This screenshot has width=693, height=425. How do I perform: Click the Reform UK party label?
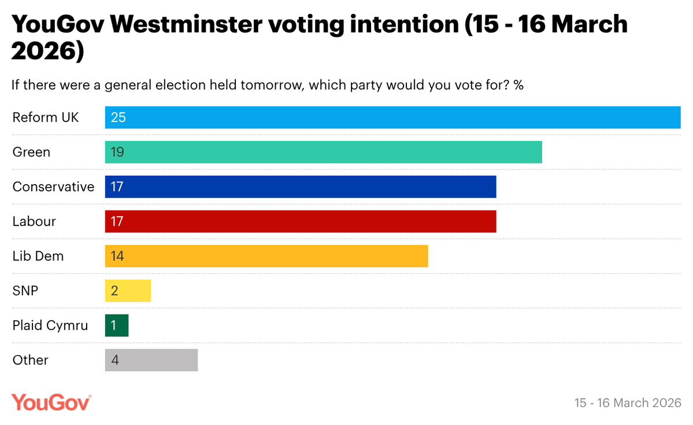(x=46, y=117)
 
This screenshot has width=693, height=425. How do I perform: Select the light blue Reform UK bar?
(x=393, y=117)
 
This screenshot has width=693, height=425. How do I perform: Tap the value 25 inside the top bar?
(x=118, y=117)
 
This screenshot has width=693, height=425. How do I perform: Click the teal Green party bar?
(x=324, y=152)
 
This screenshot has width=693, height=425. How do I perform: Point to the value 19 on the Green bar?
(x=117, y=152)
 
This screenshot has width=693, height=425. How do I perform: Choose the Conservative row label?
(x=53, y=187)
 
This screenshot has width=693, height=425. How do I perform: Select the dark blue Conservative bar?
(x=301, y=187)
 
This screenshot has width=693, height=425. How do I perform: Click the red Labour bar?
(x=301, y=221)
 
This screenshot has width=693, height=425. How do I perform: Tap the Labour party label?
(x=34, y=221)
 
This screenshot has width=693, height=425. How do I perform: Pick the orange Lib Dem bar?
(x=266, y=256)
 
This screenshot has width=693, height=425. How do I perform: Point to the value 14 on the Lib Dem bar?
(x=117, y=256)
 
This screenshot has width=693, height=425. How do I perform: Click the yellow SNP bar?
(x=128, y=291)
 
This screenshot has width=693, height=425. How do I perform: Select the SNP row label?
(x=25, y=291)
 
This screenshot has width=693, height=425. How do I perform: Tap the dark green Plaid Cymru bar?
(x=117, y=326)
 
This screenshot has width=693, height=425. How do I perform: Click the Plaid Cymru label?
(x=50, y=326)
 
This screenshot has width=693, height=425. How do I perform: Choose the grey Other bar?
(x=151, y=360)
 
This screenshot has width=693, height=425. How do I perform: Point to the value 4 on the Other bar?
(x=115, y=360)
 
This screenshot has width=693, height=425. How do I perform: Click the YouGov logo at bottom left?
(x=51, y=402)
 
